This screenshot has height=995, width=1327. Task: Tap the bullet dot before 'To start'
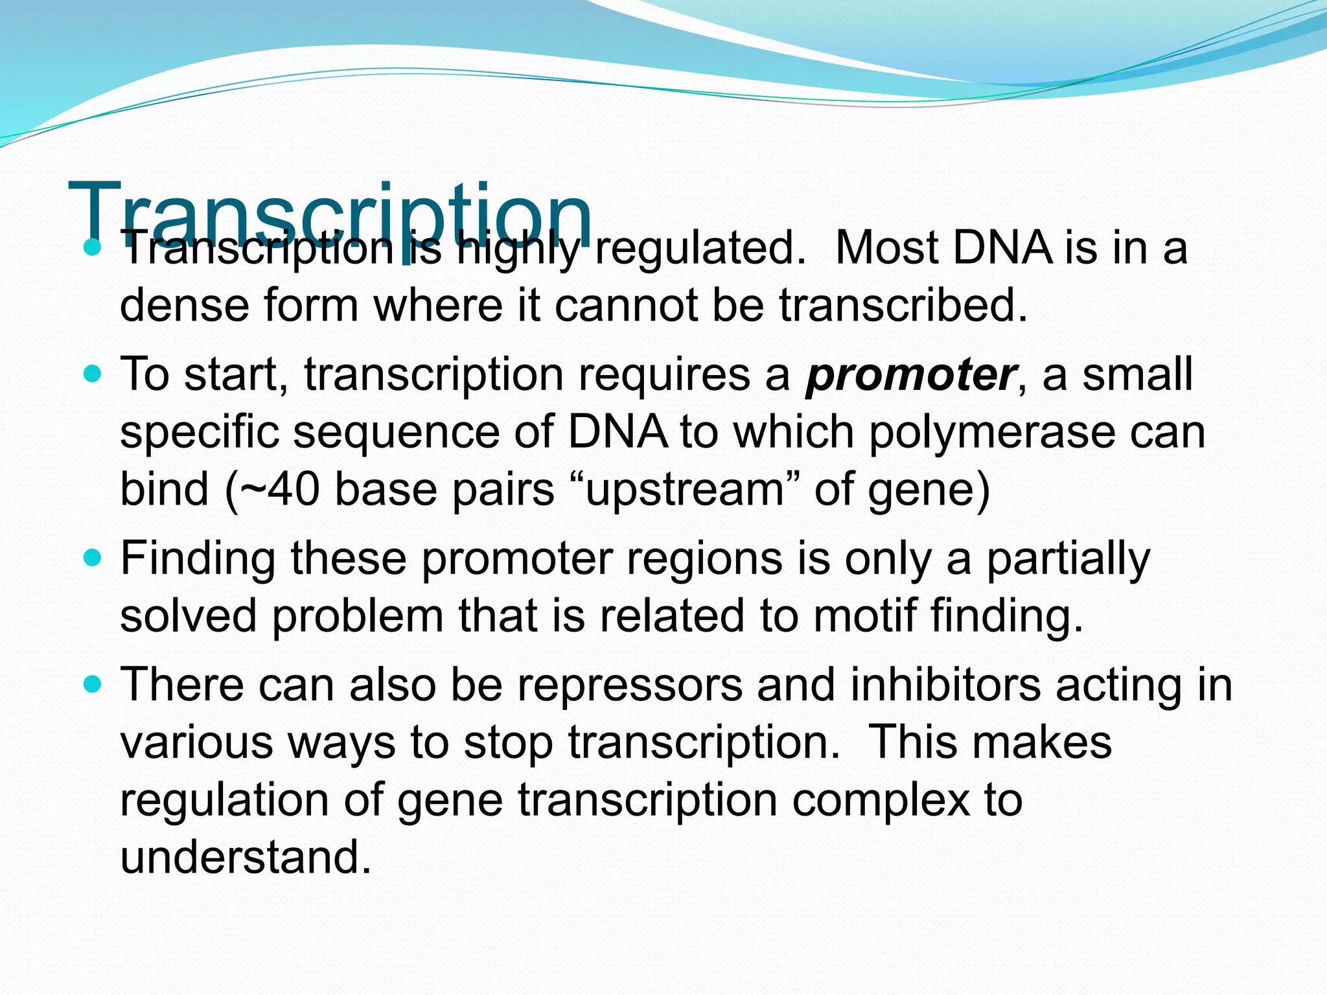[93, 374]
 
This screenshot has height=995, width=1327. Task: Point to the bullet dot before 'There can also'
[93, 684]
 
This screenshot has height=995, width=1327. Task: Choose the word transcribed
[902, 305]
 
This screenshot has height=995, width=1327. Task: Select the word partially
[1068, 558]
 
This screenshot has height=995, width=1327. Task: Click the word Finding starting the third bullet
[198, 558]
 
